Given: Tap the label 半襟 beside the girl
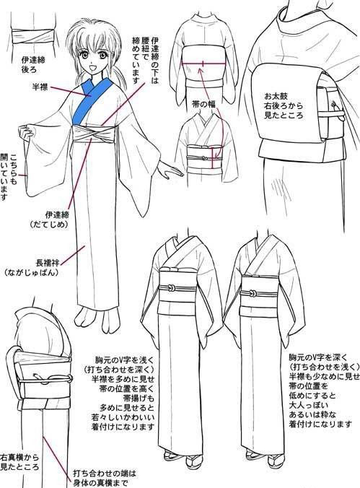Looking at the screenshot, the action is click(40, 87).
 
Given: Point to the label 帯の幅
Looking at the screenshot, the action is click(203, 104).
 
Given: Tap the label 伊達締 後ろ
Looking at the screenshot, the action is click(33, 64).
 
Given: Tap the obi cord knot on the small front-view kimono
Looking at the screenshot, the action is click(204, 158).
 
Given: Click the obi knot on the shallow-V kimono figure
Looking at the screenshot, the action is click(171, 288).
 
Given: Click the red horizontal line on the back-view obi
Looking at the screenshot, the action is click(203, 64).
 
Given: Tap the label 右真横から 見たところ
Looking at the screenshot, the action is click(19, 462).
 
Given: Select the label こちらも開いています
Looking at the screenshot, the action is click(9, 176).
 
